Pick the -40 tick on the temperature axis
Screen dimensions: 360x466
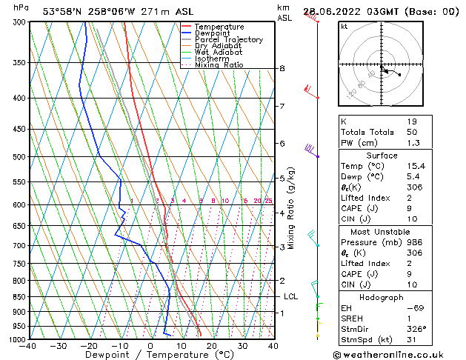point(29,346)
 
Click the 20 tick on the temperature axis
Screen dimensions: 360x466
point(212,346)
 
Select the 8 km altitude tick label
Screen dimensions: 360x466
point(282,69)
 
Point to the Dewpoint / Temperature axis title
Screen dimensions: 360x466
point(150,355)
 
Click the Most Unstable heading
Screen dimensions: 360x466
point(380,232)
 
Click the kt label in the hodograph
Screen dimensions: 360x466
point(344,27)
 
